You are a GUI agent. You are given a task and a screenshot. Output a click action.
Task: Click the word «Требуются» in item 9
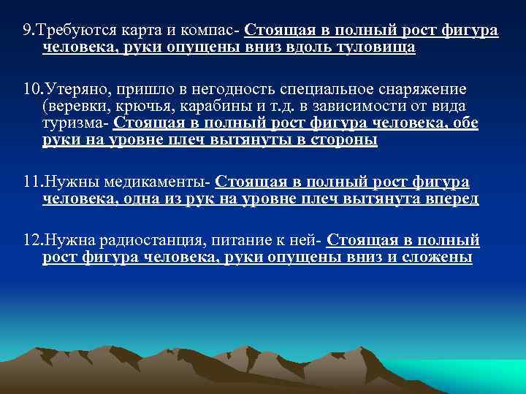click(69, 31)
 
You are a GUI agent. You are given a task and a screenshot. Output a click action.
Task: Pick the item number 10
click(30, 89)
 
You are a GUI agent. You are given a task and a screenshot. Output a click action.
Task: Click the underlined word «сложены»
click(439, 258)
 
